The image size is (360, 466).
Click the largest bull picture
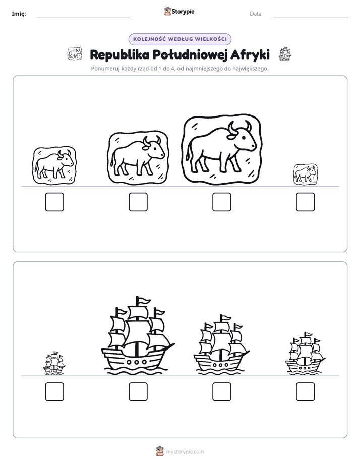click(x=222, y=149)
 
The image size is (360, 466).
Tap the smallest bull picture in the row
click(x=306, y=174)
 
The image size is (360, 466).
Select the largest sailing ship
click(x=138, y=335)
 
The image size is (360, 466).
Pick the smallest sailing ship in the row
click(x=54, y=363)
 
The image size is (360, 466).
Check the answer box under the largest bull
click(x=221, y=202)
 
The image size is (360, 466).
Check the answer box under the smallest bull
click(x=306, y=202)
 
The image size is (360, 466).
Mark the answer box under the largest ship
click(x=138, y=392)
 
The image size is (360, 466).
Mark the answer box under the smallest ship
click(x=54, y=392)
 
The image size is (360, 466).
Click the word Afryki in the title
click(x=250, y=55)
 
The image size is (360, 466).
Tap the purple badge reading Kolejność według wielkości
click(x=179, y=39)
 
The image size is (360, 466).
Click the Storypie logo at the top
click(x=179, y=11)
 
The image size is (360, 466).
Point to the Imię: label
click(x=19, y=14)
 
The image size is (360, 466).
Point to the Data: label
click(x=256, y=14)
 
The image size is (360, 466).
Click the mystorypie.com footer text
click(x=185, y=452)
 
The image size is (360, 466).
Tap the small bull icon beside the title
click(x=75, y=54)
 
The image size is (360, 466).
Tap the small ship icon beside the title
click(x=285, y=54)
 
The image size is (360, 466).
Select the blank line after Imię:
click(x=83, y=17)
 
